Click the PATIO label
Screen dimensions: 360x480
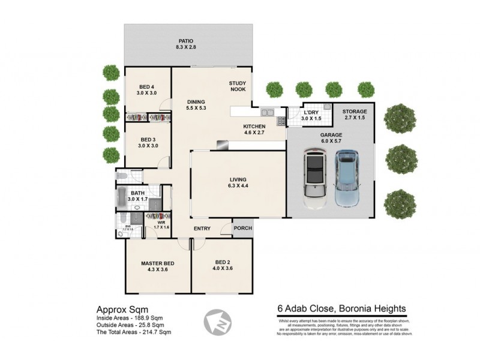pos(190,41)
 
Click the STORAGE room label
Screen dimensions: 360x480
pos(354,112)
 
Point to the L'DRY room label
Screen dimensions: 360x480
pos(311,113)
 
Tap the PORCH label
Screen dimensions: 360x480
pos(243,228)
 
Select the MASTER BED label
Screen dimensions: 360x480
pos(158,263)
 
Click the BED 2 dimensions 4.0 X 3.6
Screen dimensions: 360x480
pos(222,269)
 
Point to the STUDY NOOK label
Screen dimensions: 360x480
pos(238,86)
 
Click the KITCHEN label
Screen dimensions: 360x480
pos(254,127)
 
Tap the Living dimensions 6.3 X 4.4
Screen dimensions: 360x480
pos(238,187)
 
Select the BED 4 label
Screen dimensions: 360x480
pos(147,86)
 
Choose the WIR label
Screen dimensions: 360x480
pos(161,222)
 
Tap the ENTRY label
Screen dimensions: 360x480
pos(202,229)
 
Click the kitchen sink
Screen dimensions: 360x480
pos(268,112)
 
